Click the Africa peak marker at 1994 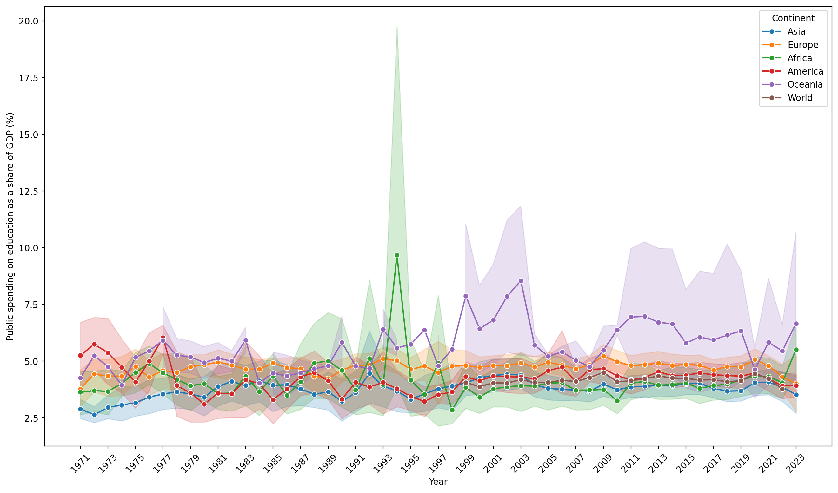[x=397, y=255]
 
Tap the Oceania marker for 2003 [x=521, y=281]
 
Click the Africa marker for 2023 [x=796, y=350]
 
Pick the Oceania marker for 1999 [x=466, y=296]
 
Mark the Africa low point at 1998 [x=452, y=410]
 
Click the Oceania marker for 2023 [x=796, y=324]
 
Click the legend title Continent [x=793, y=18]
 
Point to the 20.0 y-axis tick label [x=28, y=21]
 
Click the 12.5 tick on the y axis [x=28, y=192]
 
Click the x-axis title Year [x=438, y=482]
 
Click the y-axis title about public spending [x=10, y=227]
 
